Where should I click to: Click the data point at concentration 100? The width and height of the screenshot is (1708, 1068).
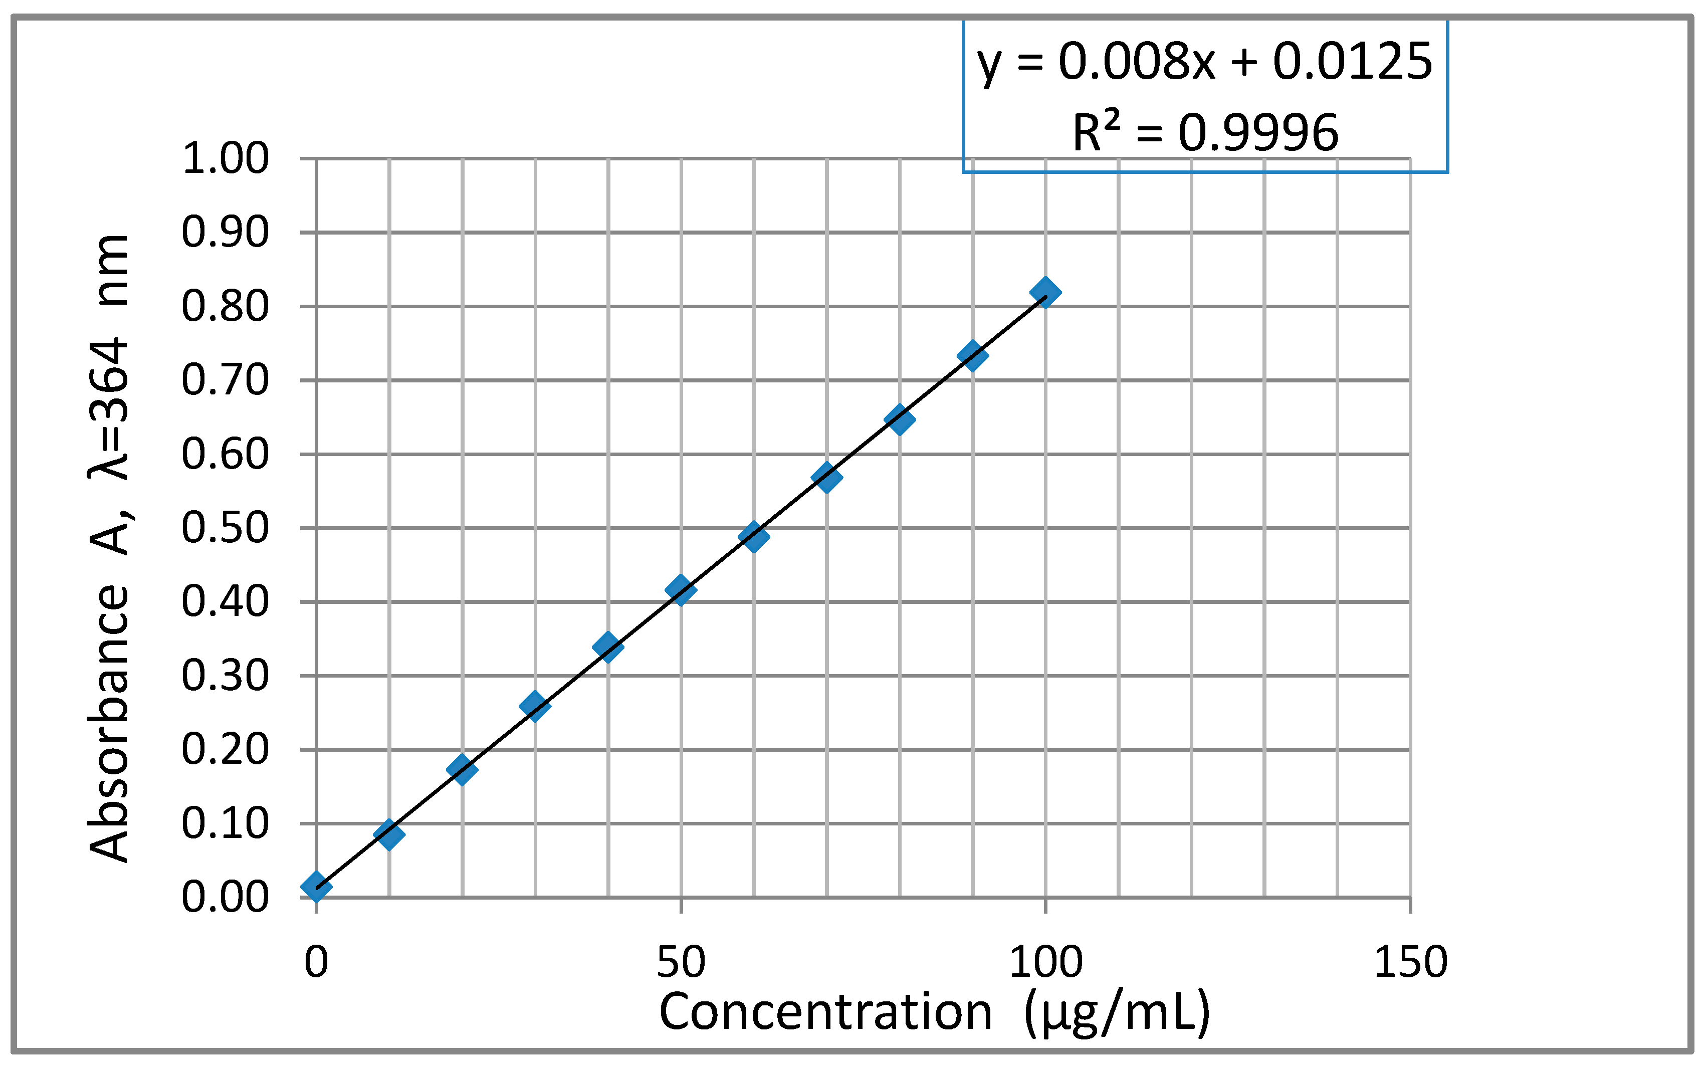coord(1045,292)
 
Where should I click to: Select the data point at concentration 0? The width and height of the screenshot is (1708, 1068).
coord(316,886)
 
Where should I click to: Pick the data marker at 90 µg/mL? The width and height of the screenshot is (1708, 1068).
coord(972,355)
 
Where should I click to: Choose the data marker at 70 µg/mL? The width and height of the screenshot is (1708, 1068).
coord(826,478)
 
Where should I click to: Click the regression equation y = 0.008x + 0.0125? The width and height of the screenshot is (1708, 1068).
coord(1204,62)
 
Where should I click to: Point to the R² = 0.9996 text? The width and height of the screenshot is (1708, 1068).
coord(1204,133)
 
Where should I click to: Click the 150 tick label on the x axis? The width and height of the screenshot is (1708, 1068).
coord(1410,962)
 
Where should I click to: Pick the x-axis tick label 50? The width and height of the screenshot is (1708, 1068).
coord(680,962)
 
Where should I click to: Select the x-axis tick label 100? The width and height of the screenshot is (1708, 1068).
coord(1045,962)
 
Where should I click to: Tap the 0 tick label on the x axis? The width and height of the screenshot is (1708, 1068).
coord(316,962)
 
